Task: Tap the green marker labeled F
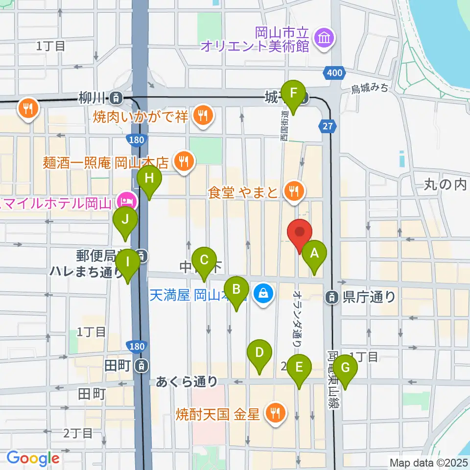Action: [294, 93]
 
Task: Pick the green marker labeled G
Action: [345, 368]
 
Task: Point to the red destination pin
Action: [300, 234]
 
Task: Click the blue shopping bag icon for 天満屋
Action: [263, 294]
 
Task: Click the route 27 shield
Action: [328, 126]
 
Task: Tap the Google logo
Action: [33, 458]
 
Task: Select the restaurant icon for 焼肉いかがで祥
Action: [201, 115]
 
